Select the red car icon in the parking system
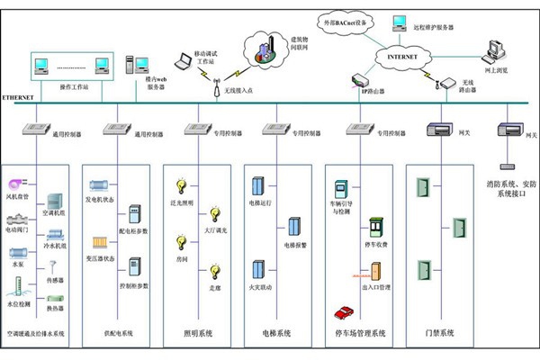coord(343,312)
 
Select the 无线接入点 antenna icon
coord(216,85)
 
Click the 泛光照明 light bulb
coord(182,185)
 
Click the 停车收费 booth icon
coord(375,226)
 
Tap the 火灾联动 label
coord(260,288)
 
